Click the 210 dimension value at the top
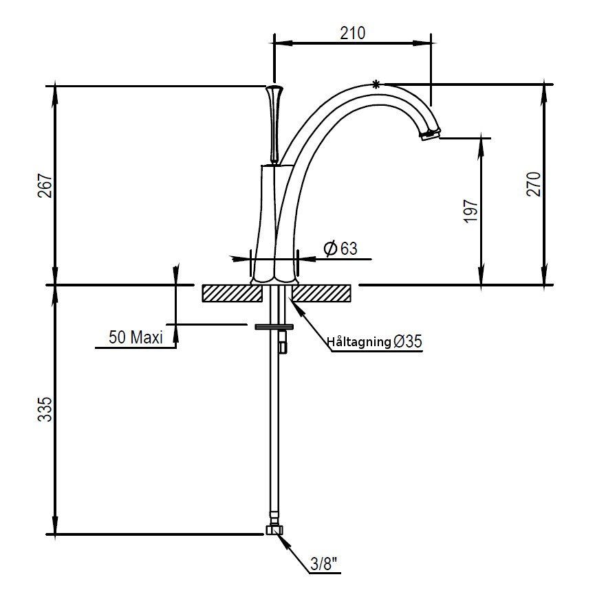click(x=352, y=33)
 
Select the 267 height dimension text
click(x=45, y=185)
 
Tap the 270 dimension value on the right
click(x=534, y=183)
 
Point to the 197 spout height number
click(x=470, y=211)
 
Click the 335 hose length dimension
click(x=45, y=409)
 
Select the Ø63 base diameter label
click(x=340, y=248)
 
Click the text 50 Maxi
click(x=136, y=337)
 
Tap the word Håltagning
click(x=359, y=342)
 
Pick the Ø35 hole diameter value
click(x=408, y=341)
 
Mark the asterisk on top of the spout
click(x=376, y=84)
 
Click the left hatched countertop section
click(x=232, y=293)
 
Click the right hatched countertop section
click(x=321, y=293)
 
